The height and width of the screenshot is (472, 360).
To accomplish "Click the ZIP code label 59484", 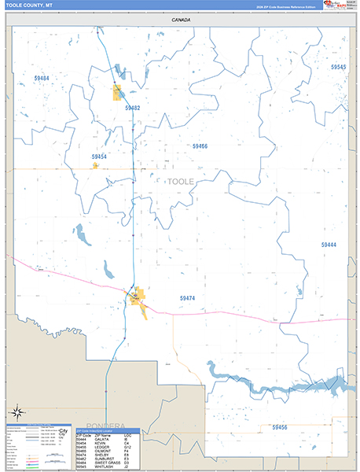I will click(x=42, y=79).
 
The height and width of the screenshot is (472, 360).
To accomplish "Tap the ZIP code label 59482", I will click(x=132, y=108).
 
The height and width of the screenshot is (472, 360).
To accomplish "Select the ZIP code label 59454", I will click(x=99, y=157).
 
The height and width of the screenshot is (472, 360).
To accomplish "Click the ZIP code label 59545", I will click(x=338, y=68).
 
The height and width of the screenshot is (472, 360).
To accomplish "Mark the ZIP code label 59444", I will click(x=329, y=245).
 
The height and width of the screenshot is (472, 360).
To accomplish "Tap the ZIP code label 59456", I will click(x=280, y=426).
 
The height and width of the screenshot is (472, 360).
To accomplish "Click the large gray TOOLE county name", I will click(x=181, y=182).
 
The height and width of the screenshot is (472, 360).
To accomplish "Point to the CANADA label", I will click(x=181, y=20).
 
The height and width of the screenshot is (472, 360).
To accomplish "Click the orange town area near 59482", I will click(x=118, y=93).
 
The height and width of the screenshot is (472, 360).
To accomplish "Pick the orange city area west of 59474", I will click(x=138, y=298).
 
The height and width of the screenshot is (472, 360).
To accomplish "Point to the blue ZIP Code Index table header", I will click(x=107, y=430).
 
